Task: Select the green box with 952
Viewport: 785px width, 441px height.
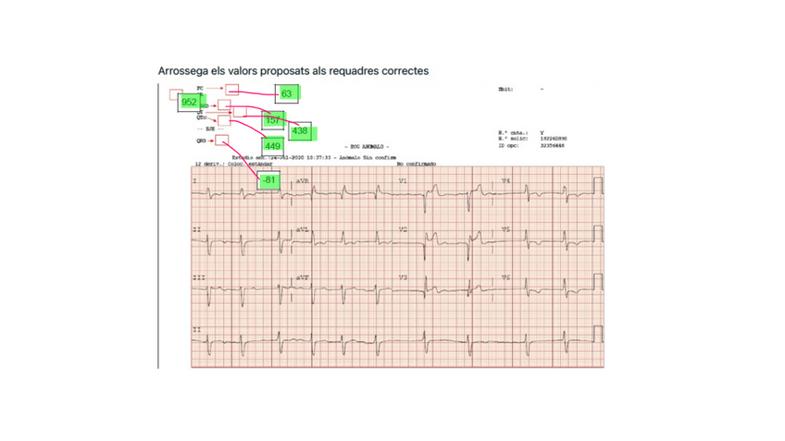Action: (190, 102)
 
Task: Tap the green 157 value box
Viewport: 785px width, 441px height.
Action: (272, 121)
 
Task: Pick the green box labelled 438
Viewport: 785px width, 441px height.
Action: (300, 131)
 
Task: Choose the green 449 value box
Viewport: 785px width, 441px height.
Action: (272, 146)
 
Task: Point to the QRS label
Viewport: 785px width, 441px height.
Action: (201, 141)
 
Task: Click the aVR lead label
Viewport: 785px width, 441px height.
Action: (303, 180)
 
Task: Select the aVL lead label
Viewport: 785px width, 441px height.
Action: (303, 228)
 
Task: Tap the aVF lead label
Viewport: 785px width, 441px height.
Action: (303, 277)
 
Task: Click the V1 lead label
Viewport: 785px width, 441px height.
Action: (403, 180)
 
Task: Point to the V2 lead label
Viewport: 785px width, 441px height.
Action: (403, 228)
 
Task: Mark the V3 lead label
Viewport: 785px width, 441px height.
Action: (403, 277)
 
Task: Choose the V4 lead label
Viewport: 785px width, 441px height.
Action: (505, 180)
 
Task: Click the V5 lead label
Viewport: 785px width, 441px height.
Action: (505, 228)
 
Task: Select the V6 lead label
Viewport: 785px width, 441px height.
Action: (505, 277)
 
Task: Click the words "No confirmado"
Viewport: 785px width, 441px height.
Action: (416, 164)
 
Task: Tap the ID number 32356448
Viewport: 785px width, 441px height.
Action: (553, 145)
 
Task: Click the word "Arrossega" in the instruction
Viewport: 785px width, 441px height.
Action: (185, 70)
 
